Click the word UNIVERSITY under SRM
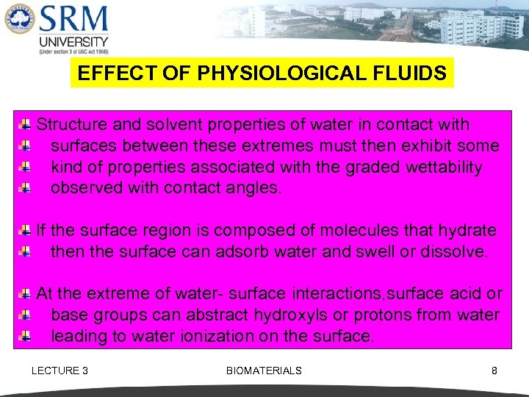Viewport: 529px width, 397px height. point(73,41)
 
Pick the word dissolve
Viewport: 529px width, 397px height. point(453,252)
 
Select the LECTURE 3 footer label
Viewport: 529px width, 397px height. point(60,371)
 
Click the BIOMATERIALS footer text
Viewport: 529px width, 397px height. point(264,371)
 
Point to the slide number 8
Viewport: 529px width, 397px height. point(494,371)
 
